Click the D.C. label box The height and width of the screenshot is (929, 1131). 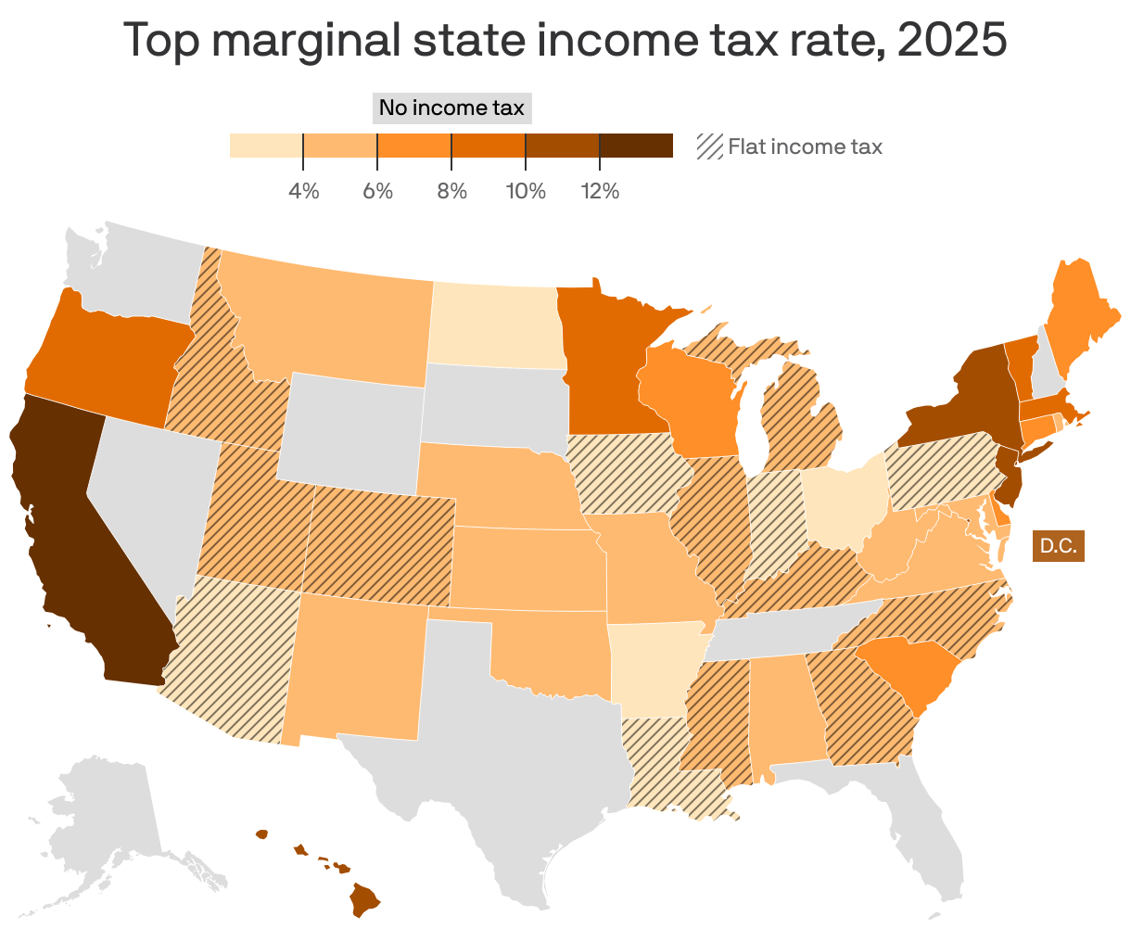click(x=1058, y=546)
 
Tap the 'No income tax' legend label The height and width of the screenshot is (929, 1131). click(x=451, y=108)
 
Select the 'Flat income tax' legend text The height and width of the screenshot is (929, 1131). click(x=805, y=146)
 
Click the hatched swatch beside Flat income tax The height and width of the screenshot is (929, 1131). click(x=709, y=146)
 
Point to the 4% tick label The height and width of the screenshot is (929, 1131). click(x=303, y=192)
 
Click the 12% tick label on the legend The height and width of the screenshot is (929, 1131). click(x=600, y=192)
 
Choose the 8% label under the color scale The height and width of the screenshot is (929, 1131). click(x=451, y=192)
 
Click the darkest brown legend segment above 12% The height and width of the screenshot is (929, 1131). click(x=636, y=146)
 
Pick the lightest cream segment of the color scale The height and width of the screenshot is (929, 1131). click(x=266, y=146)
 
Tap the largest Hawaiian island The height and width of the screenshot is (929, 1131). click(x=364, y=897)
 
